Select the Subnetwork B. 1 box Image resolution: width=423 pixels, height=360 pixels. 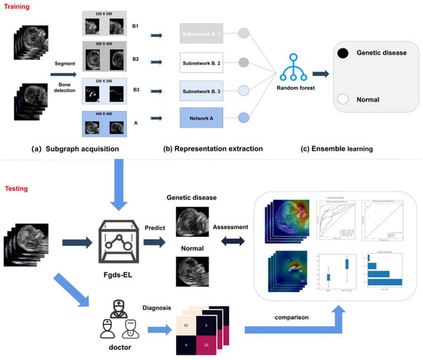[x=202, y=35]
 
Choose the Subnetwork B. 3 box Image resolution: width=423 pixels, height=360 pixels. [x=202, y=90]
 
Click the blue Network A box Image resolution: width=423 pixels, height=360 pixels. [x=202, y=118]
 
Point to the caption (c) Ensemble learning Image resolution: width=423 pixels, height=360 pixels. [x=331, y=148]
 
